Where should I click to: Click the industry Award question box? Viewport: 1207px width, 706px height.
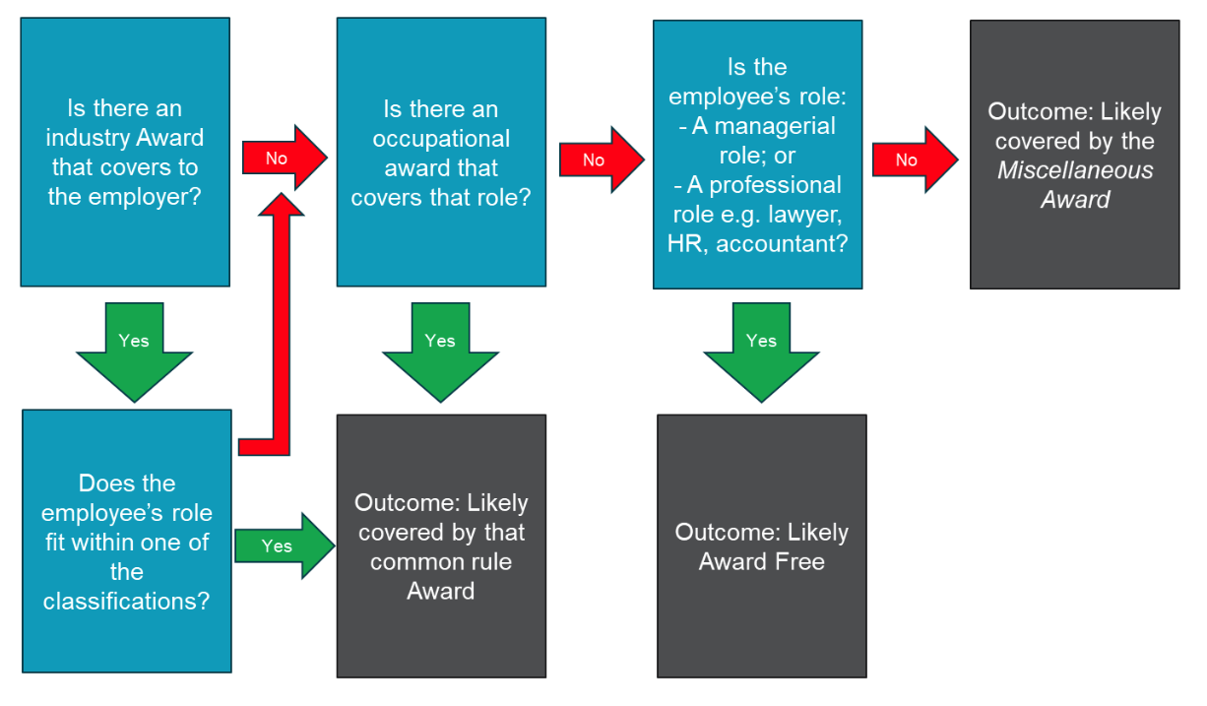pyautogui.click(x=125, y=153)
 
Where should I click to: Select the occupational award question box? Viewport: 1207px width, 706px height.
pyautogui.click(x=440, y=153)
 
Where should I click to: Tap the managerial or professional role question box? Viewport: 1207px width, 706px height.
pyautogui.click(x=757, y=155)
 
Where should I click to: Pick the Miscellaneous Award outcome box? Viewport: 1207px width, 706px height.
pyautogui.click(x=1074, y=155)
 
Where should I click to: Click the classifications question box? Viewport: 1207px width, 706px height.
pyautogui.click(x=126, y=541)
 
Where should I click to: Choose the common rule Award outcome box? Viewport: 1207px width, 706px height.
pyautogui.click(x=441, y=546)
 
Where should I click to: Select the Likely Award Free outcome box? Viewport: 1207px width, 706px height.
pyautogui.click(x=761, y=546)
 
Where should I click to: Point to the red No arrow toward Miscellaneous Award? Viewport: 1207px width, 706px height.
pyautogui.click(x=914, y=160)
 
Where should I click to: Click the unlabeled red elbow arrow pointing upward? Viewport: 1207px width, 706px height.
pyautogui.click(x=279, y=325)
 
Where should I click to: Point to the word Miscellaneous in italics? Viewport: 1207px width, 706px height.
pyautogui.click(x=1074, y=170)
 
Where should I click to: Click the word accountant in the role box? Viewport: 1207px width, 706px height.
pyautogui.click(x=782, y=243)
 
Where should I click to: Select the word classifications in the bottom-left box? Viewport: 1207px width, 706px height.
pyautogui.click(x=126, y=601)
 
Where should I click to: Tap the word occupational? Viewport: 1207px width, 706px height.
pyautogui.click(x=441, y=138)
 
